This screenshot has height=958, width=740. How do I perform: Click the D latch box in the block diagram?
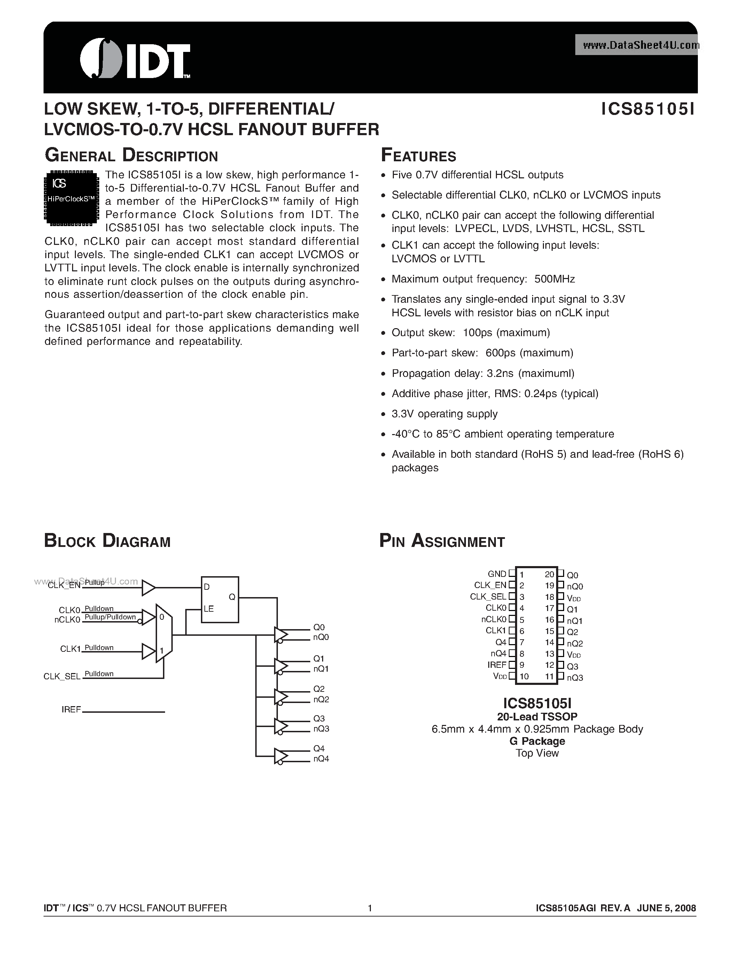(x=220, y=599)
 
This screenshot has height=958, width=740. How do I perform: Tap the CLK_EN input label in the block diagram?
(x=64, y=585)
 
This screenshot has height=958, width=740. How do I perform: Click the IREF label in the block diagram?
(x=71, y=709)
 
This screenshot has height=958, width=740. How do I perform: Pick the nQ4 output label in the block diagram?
(x=321, y=758)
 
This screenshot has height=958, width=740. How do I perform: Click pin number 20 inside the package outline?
(x=549, y=574)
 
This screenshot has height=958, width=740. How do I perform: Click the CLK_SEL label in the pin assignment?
(x=488, y=596)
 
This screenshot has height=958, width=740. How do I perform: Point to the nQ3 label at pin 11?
(x=575, y=678)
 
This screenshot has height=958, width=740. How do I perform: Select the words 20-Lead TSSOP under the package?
(x=537, y=716)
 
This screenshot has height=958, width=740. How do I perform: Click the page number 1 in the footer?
(x=370, y=908)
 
